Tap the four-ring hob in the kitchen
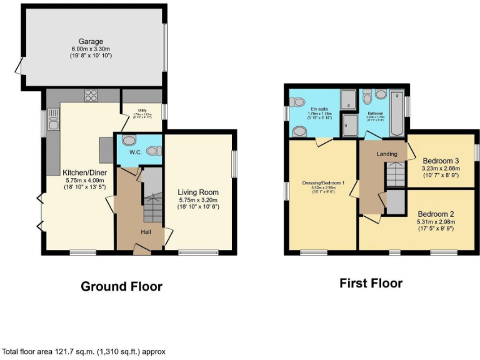91,96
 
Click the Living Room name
197,192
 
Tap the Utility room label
142,110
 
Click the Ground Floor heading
121,287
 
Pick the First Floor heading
371,283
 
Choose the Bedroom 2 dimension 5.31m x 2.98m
436,222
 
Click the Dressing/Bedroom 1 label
323,182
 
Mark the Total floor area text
84,352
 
